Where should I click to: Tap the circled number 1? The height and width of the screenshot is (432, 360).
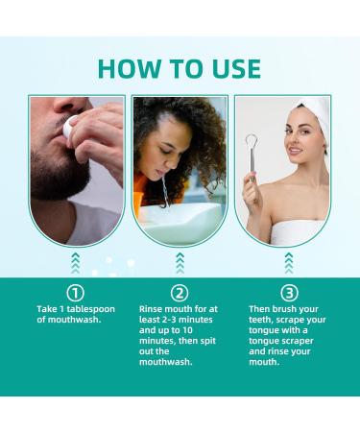point(76,292)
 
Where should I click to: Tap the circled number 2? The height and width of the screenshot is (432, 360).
point(179,292)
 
